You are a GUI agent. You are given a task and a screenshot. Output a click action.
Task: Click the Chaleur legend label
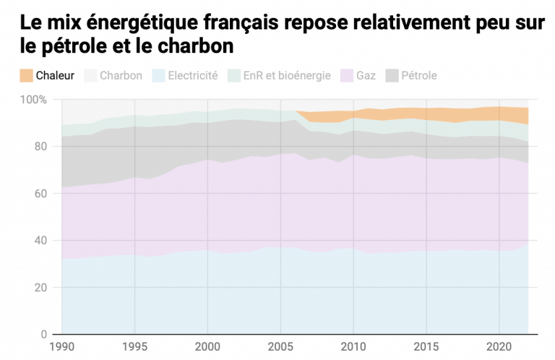[55, 75]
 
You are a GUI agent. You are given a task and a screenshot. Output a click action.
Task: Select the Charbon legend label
[121, 75]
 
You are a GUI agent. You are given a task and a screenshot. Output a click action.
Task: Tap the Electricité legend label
[192, 75]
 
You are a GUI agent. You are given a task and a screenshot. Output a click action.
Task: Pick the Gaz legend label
[366, 75]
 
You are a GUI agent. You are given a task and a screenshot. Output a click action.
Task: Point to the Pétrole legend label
[419, 75]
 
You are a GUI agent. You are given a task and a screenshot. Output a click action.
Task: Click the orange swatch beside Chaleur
[27, 75]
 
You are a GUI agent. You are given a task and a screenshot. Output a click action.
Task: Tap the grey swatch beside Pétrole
[392, 75]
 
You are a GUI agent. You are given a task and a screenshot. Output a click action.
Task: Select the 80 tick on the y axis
[40, 146]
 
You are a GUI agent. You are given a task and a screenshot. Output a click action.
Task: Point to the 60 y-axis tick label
[40, 193]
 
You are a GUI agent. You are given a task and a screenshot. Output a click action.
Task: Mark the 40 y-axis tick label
[40, 240]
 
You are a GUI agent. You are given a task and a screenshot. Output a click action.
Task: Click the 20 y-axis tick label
[40, 288]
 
